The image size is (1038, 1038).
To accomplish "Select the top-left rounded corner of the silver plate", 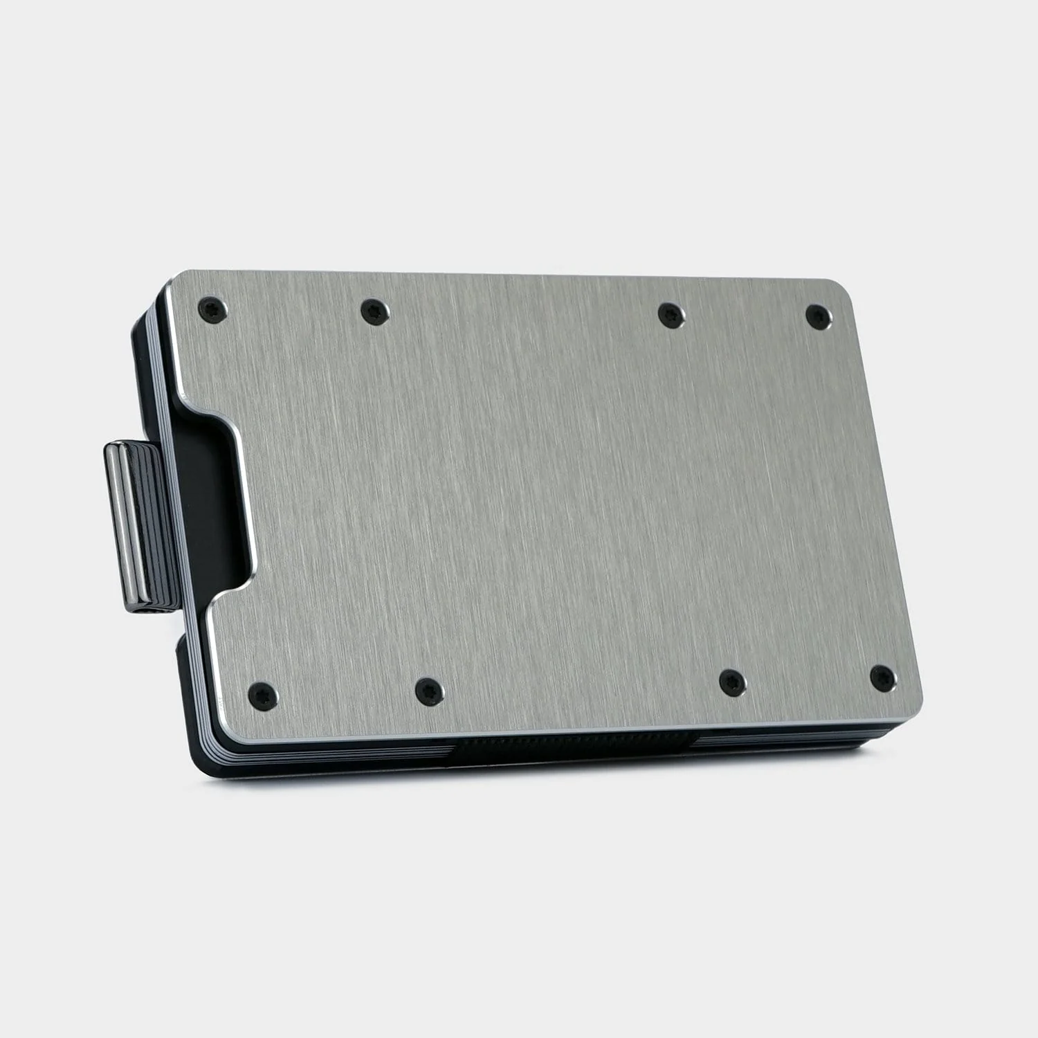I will click(x=177, y=280).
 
